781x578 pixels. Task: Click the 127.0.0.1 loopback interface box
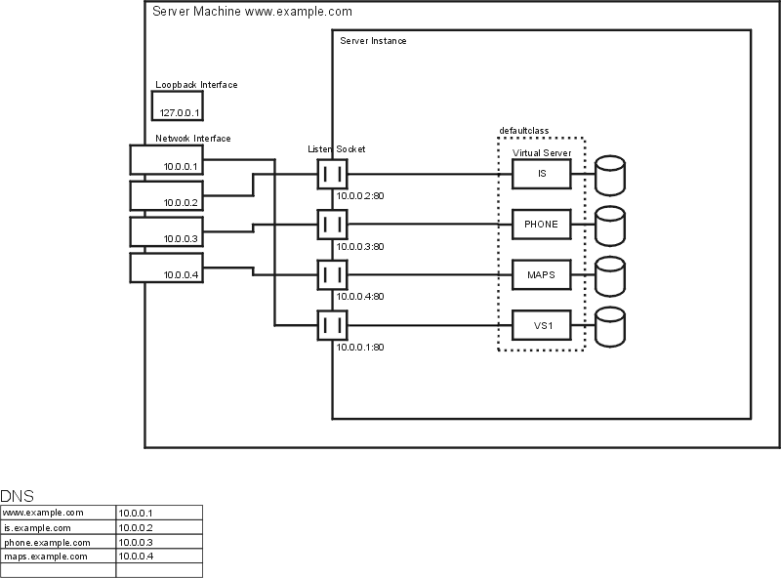point(178,105)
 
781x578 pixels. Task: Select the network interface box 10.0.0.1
point(166,159)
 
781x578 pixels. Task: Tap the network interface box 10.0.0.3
point(166,231)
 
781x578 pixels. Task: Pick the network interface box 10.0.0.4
point(166,268)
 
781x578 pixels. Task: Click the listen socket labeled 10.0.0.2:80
point(332,174)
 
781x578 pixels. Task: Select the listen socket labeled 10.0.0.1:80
point(332,325)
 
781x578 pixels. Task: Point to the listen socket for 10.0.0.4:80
point(332,274)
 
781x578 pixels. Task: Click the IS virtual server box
point(542,174)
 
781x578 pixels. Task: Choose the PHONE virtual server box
point(542,225)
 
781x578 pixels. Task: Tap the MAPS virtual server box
point(542,274)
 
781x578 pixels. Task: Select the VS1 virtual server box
point(542,325)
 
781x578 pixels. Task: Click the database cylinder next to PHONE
point(610,226)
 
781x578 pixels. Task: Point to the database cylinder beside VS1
point(610,327)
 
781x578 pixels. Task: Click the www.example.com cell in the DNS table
point(59,513)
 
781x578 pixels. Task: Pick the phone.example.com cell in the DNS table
point(59,542)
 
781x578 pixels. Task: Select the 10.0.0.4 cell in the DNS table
point(159,557)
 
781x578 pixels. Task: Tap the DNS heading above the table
point(17,496)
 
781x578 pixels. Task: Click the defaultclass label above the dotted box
point(524,131)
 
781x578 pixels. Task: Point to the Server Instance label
point(373,41)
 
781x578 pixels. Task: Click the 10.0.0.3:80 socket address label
point(360,247)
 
